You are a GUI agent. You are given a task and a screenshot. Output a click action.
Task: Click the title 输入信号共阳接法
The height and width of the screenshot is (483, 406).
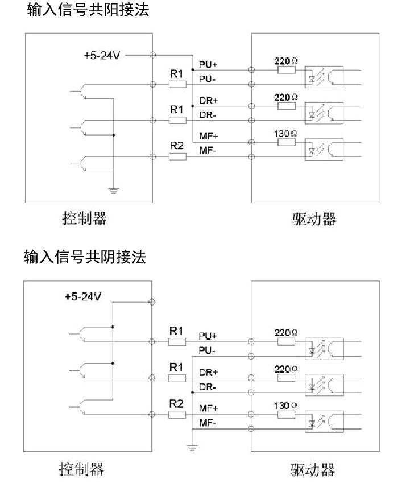click(88, 10)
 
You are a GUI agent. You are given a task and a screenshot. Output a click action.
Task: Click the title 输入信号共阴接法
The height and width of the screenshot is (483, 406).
click(85, 258)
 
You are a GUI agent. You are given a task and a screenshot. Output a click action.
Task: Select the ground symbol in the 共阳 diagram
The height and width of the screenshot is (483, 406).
click(114, 191)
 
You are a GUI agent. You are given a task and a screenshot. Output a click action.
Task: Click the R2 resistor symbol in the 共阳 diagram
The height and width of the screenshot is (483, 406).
click(177, 156)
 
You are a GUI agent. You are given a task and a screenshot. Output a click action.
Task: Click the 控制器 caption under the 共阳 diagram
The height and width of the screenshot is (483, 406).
click(84, 217)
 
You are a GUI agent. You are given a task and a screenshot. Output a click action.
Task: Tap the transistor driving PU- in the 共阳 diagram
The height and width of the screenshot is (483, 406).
click(84, 91)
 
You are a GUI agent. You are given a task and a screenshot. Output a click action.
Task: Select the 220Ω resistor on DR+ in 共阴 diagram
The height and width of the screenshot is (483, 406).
click(286, 378)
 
